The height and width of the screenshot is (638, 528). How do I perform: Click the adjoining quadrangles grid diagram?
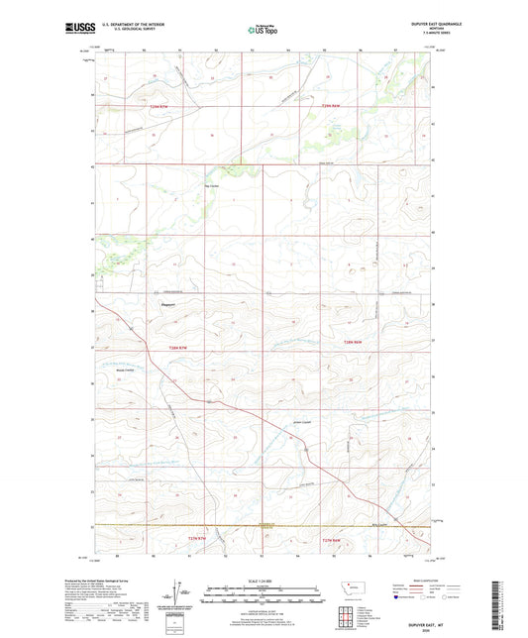352,614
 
